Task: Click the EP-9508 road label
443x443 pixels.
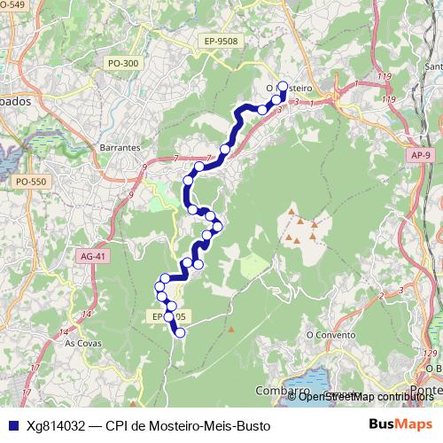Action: (221, 40)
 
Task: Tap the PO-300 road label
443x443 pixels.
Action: (122, 63)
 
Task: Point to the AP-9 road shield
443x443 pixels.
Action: (422, 155)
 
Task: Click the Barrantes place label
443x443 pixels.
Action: (121, 147)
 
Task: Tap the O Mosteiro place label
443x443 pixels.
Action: (290, 89)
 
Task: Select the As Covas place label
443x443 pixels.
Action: (82, 341)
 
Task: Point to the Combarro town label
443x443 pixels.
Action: (277, 391)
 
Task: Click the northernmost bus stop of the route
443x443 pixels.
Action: (283, 86)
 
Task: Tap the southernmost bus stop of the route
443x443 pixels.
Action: (180, 333)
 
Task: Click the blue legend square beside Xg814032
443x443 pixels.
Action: (12, 424)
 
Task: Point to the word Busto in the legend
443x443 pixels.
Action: (251, 424)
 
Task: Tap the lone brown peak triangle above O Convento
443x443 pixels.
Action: (231, 330)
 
